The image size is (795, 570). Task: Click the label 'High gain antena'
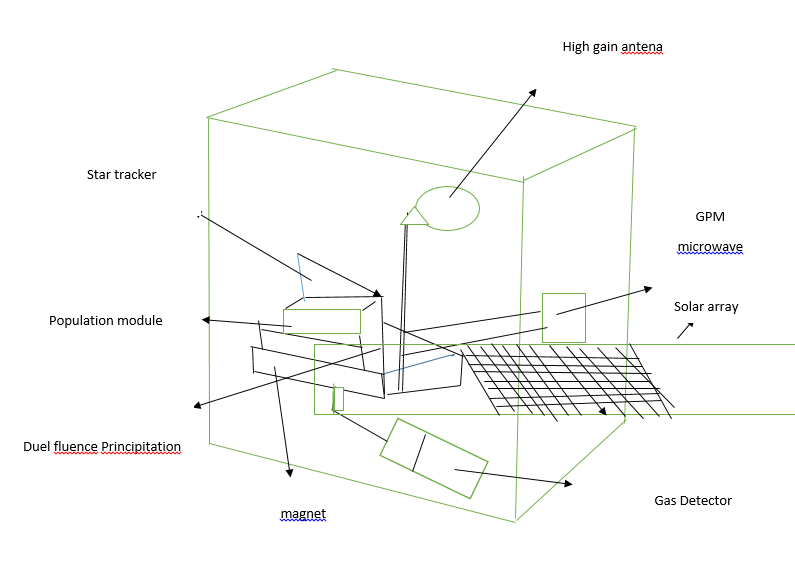[x=612, y=47]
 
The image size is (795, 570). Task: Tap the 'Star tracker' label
[x=121, y=175]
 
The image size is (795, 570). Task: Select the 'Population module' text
[x=105, y=321]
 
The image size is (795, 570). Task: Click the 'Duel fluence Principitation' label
[x=102, y=446]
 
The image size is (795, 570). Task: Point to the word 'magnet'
[x=303, y=514]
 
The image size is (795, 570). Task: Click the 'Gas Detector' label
[x=693, y=500]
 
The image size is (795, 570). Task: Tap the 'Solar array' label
[x=706, y=307]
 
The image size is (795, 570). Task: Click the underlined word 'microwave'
[x=710, y=247]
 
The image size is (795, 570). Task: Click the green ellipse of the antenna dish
[x=447, y=208]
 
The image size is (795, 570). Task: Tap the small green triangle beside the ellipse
[x=410, y=215]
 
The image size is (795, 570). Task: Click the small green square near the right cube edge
[x=563, y=317]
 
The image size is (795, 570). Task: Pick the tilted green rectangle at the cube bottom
[x=433, y=458]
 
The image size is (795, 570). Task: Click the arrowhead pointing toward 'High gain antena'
[x=533, y=91]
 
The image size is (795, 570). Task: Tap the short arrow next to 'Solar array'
[x=685, y=330]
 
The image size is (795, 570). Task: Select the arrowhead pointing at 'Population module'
[x=205, y=320]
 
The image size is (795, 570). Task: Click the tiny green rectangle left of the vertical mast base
[x=338, y=398]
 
